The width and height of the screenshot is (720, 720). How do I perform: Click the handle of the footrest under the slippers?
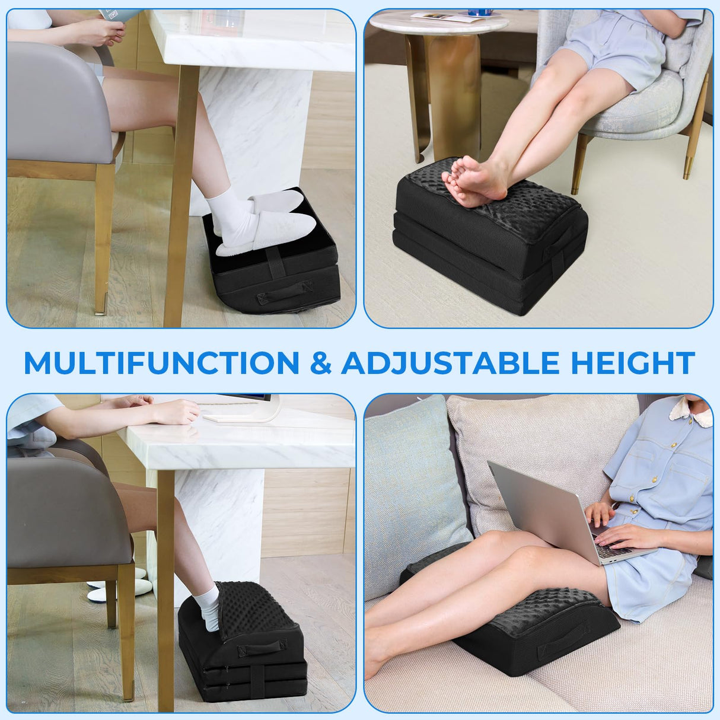[x=284, y=292]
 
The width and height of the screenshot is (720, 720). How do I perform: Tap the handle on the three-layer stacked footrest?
[x=261, y=649]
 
